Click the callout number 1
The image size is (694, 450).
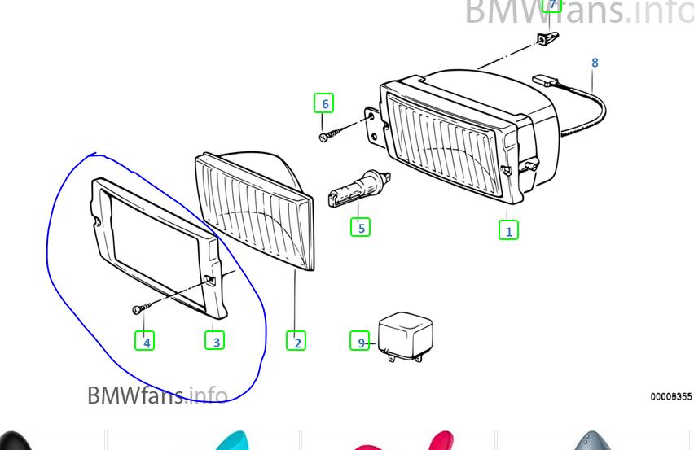pos(508,230)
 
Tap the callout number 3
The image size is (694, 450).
pos(215,341)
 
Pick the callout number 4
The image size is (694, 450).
pos(145,341)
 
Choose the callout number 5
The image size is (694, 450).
pos(360,227)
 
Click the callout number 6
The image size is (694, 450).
pos(323,103)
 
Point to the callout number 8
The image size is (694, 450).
pos(595,63)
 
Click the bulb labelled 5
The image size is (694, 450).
pos(359,187)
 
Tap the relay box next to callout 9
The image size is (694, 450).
pos(405,336)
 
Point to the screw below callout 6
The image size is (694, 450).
pos(330,134)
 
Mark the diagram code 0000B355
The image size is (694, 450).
pos(671,396)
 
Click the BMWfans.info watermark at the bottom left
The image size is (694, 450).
pos(157,395)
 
